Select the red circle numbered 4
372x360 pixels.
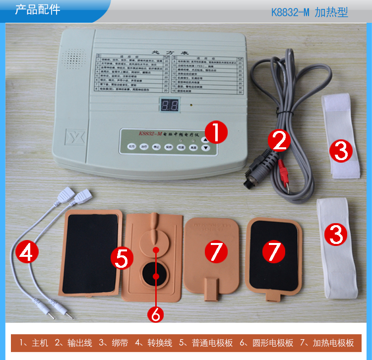pyautogui.click(x=27, y=253)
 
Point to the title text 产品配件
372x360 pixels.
pyautogui.click(x=38, y=10)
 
